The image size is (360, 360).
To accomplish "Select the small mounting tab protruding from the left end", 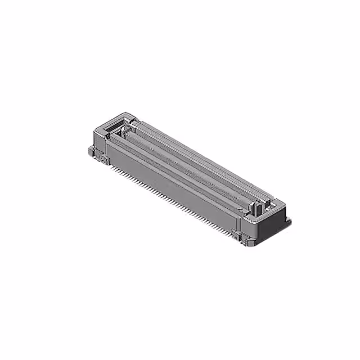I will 91,150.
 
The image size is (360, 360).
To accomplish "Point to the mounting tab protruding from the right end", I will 288,222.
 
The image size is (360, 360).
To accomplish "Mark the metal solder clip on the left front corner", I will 103,160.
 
